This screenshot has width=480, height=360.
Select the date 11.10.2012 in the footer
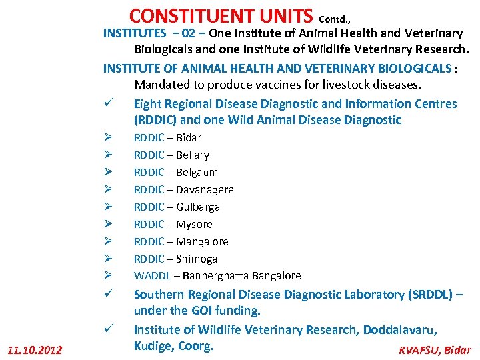pos(34,350)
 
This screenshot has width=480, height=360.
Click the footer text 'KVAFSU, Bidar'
pos(434,350)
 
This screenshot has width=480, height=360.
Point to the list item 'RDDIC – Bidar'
pos(167,137)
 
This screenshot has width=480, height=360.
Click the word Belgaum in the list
pos(197,172)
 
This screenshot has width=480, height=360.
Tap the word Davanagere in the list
pos(205,189)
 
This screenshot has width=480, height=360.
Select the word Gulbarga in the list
pos(197,207)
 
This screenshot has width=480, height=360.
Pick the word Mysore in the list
pos(194,224)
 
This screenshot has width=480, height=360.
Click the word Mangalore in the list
pos(202,241)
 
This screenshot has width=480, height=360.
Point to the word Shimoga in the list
pos(197,259)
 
